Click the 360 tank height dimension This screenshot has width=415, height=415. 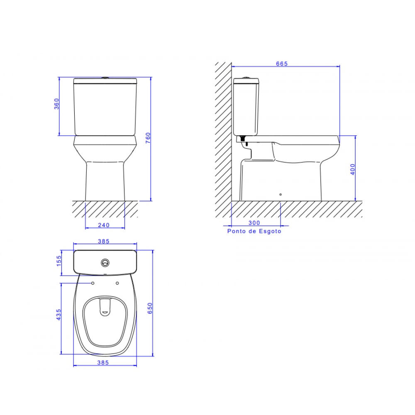tap(57, 104)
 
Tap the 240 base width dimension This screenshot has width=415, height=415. tap(105, 225)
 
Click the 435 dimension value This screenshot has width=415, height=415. tap(59, 315)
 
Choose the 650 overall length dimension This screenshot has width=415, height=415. tap(151, 308)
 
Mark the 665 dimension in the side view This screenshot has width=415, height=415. tap(282, 63)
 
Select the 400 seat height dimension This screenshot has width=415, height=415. tap(353, 169)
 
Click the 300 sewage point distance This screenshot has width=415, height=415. tap(254, 223)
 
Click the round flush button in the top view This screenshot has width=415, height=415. tap(106, 262)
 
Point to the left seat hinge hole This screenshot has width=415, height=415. tap(93, 283)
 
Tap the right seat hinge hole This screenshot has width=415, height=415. tap(117, 283)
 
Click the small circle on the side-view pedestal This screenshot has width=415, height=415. tap(281, 194)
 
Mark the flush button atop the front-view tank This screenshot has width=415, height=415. tap(105, 77)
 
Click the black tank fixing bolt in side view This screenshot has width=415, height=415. tap(243, 140)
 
